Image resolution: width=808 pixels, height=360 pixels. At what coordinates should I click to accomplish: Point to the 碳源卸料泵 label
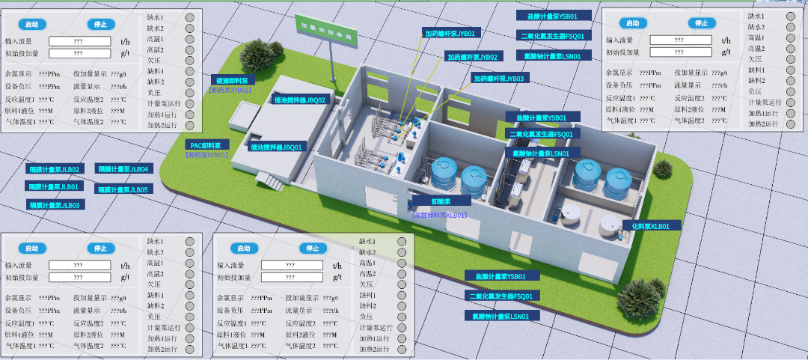point(233,79)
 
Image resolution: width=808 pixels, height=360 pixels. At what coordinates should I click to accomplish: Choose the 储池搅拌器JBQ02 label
point(300,100)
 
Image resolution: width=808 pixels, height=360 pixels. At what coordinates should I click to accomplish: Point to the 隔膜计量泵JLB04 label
point(123,169)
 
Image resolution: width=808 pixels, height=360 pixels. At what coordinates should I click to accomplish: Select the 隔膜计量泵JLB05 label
point(123,189)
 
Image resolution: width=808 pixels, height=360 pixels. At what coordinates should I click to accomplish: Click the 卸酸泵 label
point(440,201)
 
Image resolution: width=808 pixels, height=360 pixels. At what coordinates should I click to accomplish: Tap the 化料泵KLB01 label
point(651,225)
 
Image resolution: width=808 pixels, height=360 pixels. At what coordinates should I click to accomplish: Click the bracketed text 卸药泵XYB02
point(230,90)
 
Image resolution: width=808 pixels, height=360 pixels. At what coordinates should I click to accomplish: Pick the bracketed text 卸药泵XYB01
point(207,155)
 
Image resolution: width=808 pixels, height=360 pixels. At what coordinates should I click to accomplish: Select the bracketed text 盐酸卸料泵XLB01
point(440,215)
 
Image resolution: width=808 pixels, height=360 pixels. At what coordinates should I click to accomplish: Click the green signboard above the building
point(325,31)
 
